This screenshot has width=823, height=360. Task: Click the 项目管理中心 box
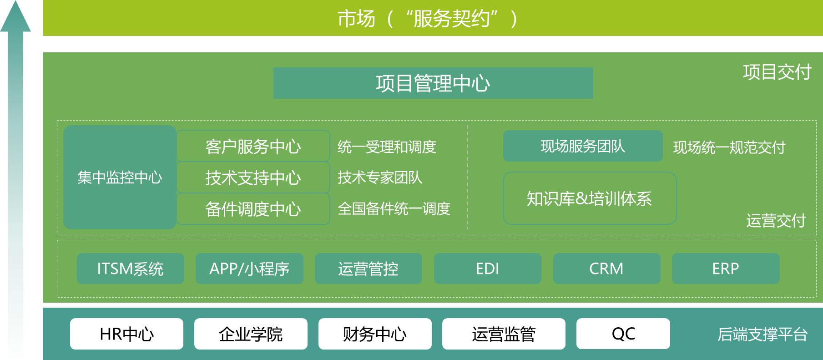[433, 83]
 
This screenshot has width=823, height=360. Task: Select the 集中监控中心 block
[120, 177]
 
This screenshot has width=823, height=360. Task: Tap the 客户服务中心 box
[253, 146]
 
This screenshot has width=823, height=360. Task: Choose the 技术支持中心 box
[253, 177]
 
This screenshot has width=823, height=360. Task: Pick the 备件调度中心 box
[253, 209]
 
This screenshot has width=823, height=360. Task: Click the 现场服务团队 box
[583, 146]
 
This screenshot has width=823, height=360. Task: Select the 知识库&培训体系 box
[590, 198]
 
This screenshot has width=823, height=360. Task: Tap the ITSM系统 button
[131, 269]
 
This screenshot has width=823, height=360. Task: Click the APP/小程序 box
[249, 269]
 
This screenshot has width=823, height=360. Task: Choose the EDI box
[488, 269]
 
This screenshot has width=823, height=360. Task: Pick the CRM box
[606, 269]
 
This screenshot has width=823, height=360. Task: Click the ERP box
[726, 269]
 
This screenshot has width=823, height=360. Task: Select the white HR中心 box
[126, 334]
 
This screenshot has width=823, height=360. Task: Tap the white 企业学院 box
[251, 334]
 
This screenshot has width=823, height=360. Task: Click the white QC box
[623, 334]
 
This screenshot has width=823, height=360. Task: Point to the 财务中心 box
[375, 334]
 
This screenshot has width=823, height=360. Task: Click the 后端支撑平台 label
[762, 335]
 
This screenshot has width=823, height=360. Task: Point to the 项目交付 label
[777, 72]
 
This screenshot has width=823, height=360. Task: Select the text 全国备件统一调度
[394, 209]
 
